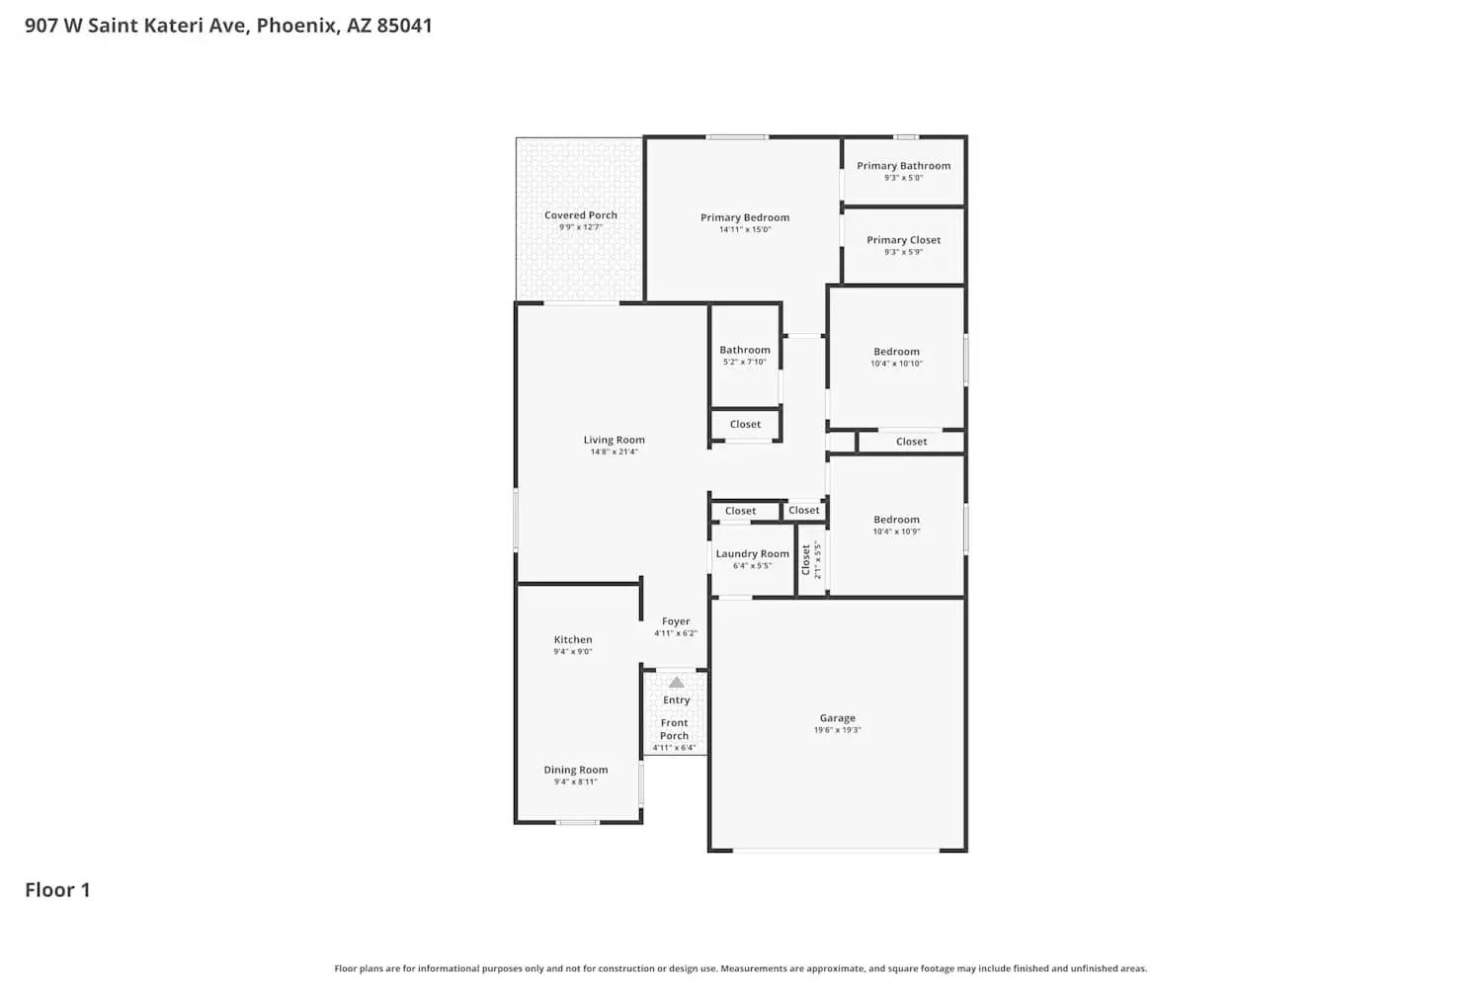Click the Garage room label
click(837, 718)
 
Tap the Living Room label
click(614, 440)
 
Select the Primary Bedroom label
click(745, 217)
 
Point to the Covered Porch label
click(581, 214)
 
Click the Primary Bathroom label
click(903, 166)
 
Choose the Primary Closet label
click(903, 240)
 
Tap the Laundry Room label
click(752, 554)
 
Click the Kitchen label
click(573, 639)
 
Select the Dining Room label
click(575, 770)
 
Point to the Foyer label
click(676, 621)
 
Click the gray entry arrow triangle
click(676, 683)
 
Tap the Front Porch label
click(675, 729)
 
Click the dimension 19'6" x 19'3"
click(837, 730)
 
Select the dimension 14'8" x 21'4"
click(614, 452)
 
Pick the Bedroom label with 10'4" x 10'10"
click(896, 352)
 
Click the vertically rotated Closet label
click(806, 560)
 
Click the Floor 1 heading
click(57, 889)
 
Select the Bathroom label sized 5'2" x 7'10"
click(744, 350)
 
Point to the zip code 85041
click(404, 26)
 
